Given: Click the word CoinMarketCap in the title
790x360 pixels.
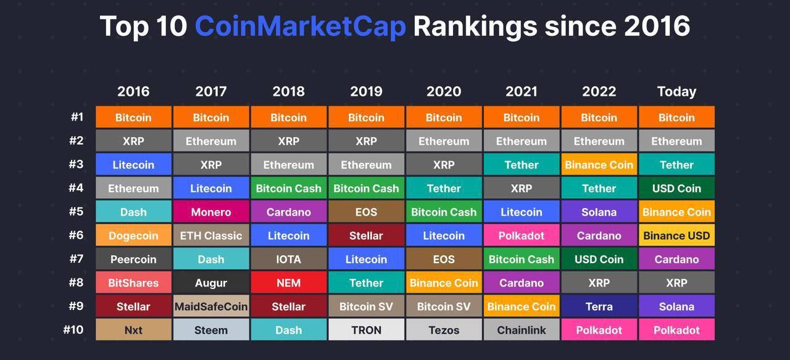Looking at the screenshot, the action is coord(300,27).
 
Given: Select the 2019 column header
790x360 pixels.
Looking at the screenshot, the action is coord(366,91).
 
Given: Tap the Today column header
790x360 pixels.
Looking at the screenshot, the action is coord(676,91).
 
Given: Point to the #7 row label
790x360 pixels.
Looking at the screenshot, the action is coord(76,259).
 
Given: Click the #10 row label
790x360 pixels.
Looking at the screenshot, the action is coord(73,330).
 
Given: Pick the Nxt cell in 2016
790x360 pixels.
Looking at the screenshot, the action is coord(133,330).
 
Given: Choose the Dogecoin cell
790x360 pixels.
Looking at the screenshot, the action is coord(133,235).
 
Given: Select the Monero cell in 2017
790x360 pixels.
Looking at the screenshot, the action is coord(211,211).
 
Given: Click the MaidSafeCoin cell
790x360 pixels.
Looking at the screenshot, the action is coord(211,306).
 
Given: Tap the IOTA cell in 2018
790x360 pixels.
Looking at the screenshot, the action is coord(288,259).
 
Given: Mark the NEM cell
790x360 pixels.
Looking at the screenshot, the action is coord(288,282).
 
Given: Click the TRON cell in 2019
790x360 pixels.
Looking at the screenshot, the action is coord(366,330).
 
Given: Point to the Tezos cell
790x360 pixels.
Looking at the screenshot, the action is coord(444,330).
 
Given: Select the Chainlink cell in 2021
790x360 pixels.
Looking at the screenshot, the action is coord(522,330).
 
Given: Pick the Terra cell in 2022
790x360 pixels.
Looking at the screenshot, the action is coord(599,306).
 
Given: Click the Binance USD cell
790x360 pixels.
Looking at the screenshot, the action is coord(676,235).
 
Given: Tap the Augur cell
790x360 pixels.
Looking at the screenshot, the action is coord(211,282).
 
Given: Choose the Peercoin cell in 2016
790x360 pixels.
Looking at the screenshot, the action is coord(133,259).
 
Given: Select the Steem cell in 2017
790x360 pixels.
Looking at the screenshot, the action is coord(211,330).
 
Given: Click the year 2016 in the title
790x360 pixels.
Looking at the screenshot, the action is coord(657,26).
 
